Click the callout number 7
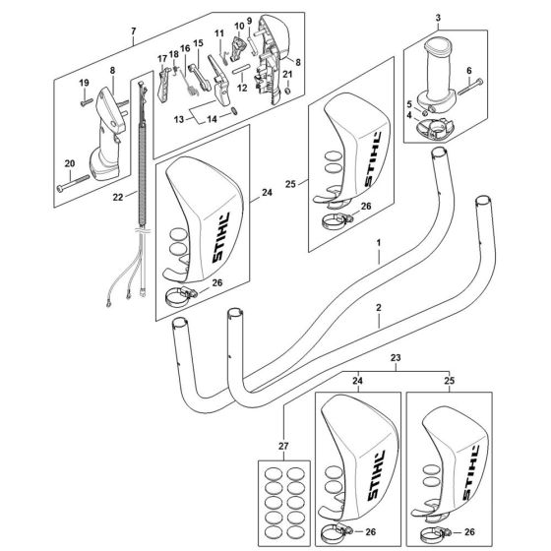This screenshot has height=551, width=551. click(133, 31)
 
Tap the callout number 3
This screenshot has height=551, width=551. click(438, 18)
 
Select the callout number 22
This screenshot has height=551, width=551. click(118, 197)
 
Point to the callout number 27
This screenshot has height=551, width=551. click(283, 447)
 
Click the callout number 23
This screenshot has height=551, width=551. click(396, 358)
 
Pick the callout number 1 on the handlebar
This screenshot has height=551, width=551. click(379, 243)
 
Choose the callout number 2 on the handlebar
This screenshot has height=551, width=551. click(379, 308)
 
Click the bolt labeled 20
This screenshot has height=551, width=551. click(74, 182)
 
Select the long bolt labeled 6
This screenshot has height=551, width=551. click(470, 87)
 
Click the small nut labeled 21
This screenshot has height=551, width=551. click(287, 92)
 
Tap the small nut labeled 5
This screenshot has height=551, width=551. click(424, 113)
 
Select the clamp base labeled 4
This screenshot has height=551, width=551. click(435, 129)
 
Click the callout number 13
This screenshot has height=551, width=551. click(179, 119)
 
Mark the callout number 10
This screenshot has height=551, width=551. click(239, 27)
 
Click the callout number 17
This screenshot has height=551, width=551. click(161, 59)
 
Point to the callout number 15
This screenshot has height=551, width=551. click(198, 43)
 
